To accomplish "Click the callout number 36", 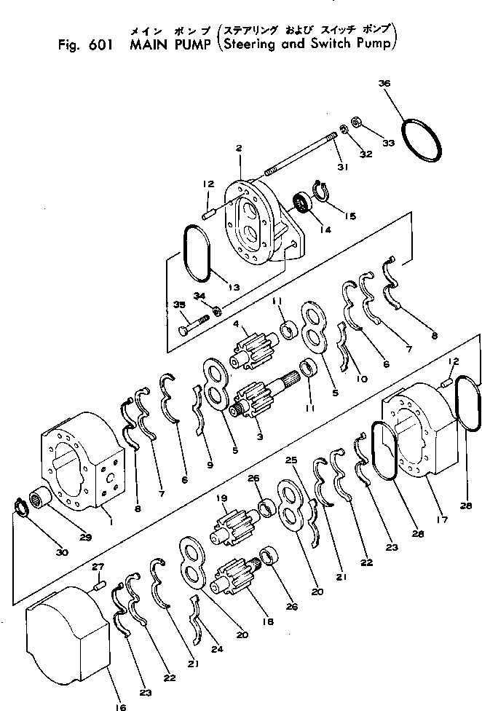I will tap(384, 84).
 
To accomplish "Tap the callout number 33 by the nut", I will tap(388, 143).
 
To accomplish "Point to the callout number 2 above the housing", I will tap(238, 149).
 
